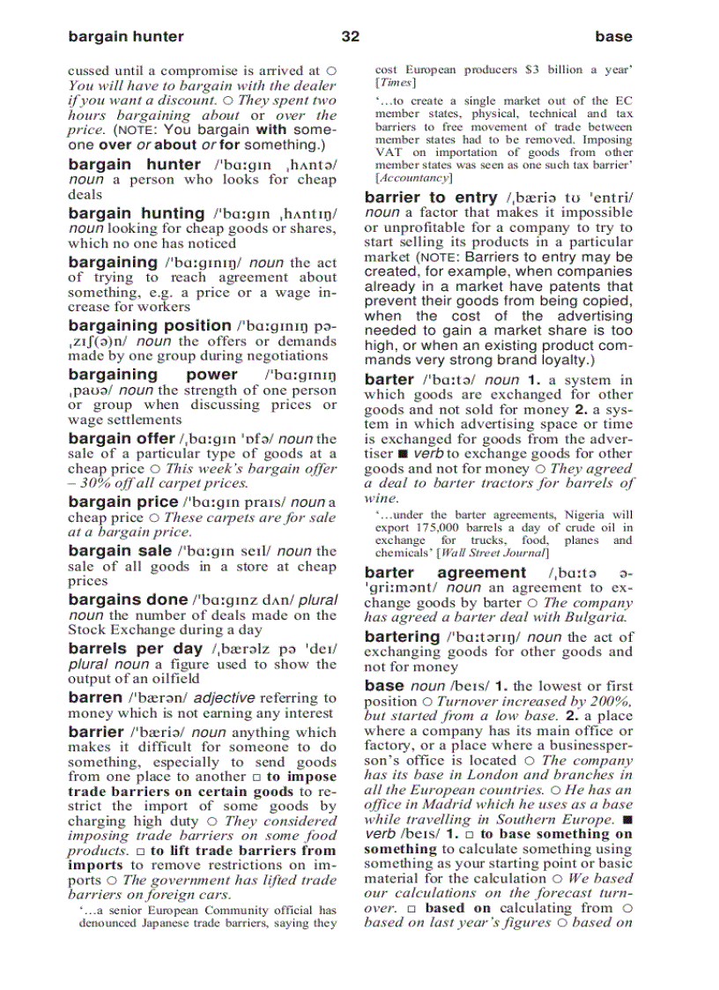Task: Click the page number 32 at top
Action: coord(350,36)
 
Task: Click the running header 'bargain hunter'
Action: coord(126,36)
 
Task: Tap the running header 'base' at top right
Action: coord(613,36)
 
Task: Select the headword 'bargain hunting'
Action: coord(136,213)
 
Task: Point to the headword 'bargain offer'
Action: coord(121,439)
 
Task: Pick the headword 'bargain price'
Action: coord(122,502)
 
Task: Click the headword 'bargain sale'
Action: coord(120,551)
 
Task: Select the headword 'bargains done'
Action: coord(128,599)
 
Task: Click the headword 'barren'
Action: coord(95,697)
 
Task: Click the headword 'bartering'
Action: coord(402,636)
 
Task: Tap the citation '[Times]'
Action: coord(395,83)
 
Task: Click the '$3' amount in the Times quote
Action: coord(531,70)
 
